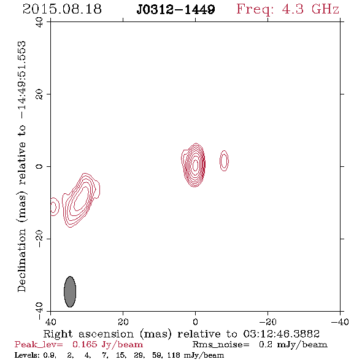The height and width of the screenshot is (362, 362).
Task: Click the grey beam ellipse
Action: pyautogui.click(x=70, y=291)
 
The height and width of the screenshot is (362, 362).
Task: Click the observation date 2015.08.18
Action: pyautogui.click(x=62, y=9)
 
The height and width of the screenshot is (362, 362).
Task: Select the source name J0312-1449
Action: pyautogui.click(x=175, y=10)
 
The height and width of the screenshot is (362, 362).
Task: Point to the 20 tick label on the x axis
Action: pyautogui.click(x=123, y=322)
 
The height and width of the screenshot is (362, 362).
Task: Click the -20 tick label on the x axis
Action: pyautogui.click(x=268, y=322)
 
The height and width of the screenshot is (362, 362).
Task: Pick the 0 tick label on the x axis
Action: pyautogui.click(x=195, y=322)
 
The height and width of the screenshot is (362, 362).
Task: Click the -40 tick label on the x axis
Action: pyautogui.click(x=340, y=322)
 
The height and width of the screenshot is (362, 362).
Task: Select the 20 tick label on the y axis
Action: pyautogui.click(x=39, y=94)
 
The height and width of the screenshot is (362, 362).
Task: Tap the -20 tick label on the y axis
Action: pyautogui.click(x=39, y=239)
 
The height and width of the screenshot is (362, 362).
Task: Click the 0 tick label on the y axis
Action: pyautogui.click(x=39, y=166)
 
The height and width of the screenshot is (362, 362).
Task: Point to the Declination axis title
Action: pyautogui.click(x=21, y=166)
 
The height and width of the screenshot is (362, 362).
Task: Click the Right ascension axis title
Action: pyautogui.click(x=182, y=334)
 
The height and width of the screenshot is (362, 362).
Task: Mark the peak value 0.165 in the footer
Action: pyautogui.click(x=85, y=345)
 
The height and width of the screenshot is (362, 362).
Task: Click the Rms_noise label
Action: pyautogui.click(x=221, y=345)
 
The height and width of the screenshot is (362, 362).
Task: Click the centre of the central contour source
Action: pyautogui.click(x=195, y=165)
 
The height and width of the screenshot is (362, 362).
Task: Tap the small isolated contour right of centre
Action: pyautogui.click(x=224, y=161)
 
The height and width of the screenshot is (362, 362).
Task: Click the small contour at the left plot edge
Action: pyautogui.click(x=55, y=207)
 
